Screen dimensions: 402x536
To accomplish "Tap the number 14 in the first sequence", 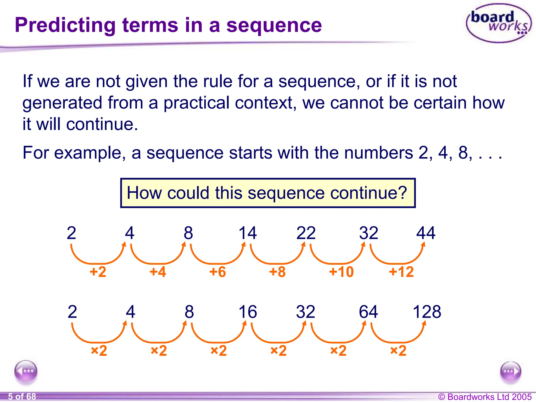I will pyautogui.click(x=248, y=233).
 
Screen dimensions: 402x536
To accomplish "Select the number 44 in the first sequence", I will pyautogui.click(x=426, y=233).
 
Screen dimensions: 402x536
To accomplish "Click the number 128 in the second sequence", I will pyautogui.click(x=427, y=312).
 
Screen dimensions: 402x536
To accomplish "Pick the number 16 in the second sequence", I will pyautogui.click(x=248, y=312).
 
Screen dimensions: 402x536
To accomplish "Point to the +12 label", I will pyautogui.click(x=401, y=272).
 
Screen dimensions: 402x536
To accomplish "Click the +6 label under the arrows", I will pyautogui.click(x=217, y=272).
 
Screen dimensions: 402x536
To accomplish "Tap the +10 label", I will pyautogui.click(x=341, y=272).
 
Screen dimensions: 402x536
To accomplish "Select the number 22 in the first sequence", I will pyautogui.click(x=306, y=233).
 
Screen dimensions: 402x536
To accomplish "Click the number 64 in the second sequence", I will pyautogui.click(x=368, y=312).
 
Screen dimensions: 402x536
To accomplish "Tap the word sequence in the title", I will pyautogui.click(x=274, y=25).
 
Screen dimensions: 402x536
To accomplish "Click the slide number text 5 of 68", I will pyautogui.click(x=22, y=397).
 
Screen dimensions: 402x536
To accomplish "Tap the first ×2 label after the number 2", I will pyautogui.click(x=99, y=351).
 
